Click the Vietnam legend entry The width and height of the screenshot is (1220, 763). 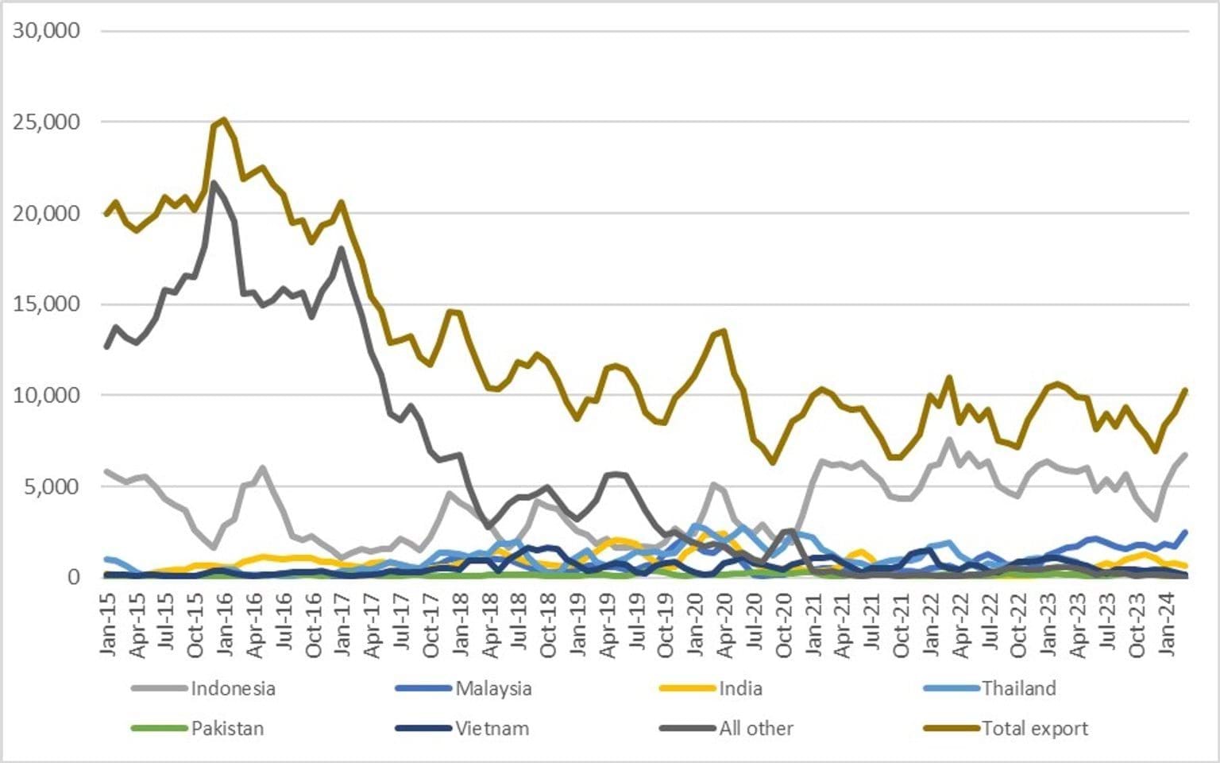pos(492,728)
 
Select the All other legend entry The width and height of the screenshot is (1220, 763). pos(755,728)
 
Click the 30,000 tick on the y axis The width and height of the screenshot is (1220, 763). pos(47,30)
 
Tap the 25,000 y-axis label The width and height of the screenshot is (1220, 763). pos(47,122)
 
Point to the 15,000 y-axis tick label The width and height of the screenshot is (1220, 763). pos(47,304)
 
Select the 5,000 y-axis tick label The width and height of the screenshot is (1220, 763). pos(52,486)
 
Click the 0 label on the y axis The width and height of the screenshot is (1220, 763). pos(74,577)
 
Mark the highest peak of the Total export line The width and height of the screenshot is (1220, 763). pos(224,120)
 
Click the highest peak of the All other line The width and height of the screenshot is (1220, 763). pos(214,183)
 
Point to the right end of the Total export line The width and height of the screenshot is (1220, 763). pos(1185,390)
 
